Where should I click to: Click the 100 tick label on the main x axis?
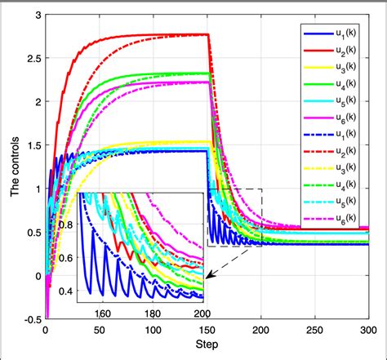[x=153, y=332]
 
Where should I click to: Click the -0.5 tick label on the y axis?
[x=29, y=319]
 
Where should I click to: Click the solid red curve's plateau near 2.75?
[x=163, y=34]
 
